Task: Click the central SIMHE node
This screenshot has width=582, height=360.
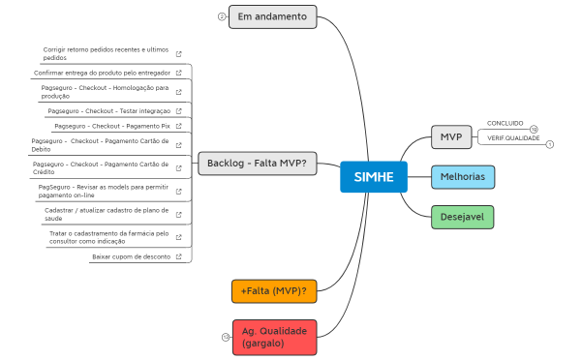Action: click(374, 177)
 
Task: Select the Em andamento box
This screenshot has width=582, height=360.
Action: click(272, 16)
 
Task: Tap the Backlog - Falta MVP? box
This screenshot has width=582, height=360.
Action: click(257, 163)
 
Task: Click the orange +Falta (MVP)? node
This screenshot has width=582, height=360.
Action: click(274, 290)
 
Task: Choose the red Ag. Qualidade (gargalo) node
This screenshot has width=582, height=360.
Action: click(274, 336)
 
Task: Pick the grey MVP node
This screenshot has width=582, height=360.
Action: click(450, 137)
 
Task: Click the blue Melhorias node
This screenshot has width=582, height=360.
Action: click(463, 177)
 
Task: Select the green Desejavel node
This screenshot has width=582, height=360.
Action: click(462, 217)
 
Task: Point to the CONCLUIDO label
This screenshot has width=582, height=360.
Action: click(505, 123)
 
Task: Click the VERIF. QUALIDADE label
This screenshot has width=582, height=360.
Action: click(513, 138)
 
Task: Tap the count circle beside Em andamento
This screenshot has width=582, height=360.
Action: click(222, 17)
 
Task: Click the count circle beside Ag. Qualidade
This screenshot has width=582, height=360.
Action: click(226, 337)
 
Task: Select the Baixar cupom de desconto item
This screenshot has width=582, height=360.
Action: click(131, 256)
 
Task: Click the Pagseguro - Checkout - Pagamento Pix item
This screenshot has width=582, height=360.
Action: click(111, 126)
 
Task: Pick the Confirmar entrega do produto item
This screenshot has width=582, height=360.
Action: click(102, 73)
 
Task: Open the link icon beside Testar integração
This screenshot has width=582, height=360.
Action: click(178, 111)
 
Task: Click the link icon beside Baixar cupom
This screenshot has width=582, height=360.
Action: click(178, 256)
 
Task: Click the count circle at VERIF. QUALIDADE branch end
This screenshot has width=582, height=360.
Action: click(550, 144)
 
